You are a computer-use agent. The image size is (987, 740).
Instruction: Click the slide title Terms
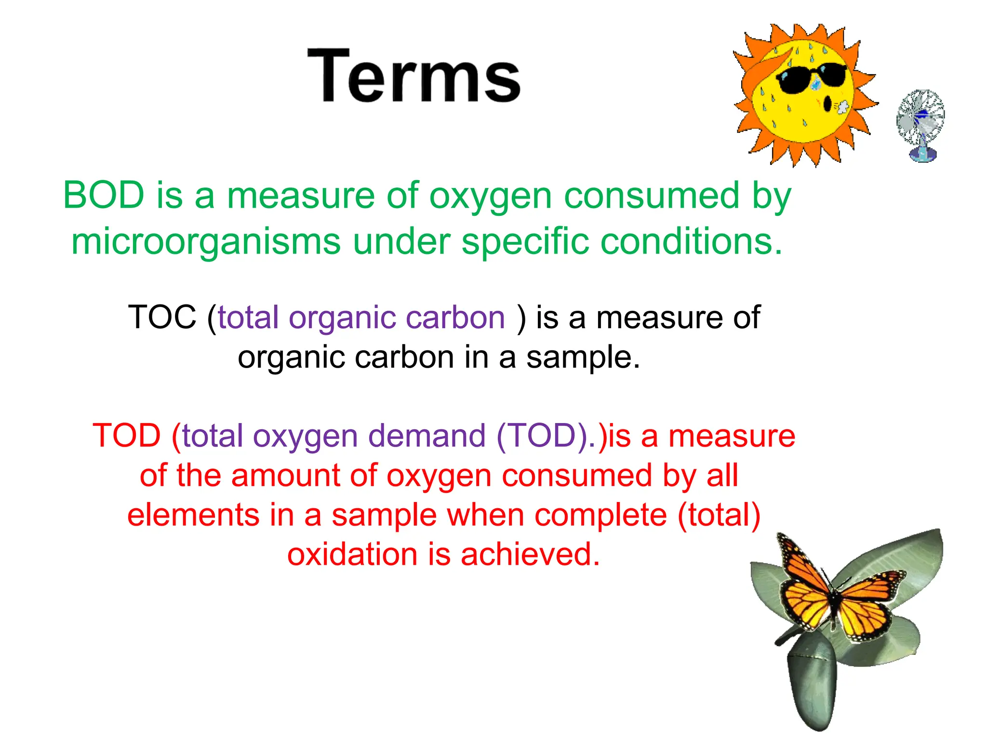(414, 76)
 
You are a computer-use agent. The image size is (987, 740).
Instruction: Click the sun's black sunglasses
(812, 77)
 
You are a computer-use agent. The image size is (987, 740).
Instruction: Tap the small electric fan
(920, 124)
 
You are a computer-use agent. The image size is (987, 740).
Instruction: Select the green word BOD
(104, 196)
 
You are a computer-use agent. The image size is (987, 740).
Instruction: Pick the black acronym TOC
(162, 317)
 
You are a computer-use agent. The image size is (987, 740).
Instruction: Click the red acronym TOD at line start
(126, 436)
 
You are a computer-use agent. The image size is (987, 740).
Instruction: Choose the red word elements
(193, 515)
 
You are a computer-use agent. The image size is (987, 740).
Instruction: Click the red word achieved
(530, 554)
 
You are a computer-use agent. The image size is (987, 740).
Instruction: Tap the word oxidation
(352, 554)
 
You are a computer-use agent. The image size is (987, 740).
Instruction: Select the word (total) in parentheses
(719, 515)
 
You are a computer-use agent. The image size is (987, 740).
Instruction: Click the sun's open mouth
(827, 104)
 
